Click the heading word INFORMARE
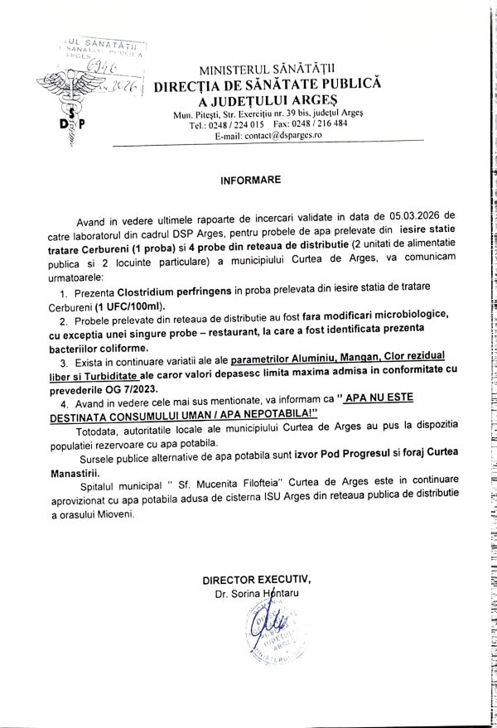point(251,179)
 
